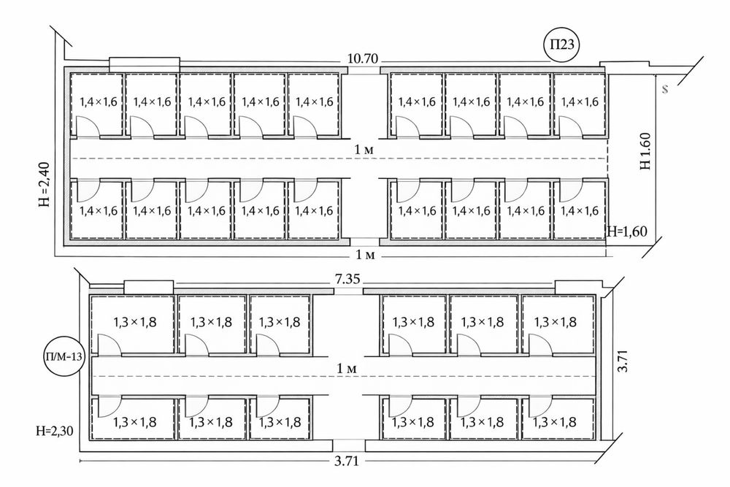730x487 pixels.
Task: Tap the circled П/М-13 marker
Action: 64,358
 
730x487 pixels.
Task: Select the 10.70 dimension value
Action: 363,58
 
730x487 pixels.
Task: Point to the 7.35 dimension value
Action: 347,280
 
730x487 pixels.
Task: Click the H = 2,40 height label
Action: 45,184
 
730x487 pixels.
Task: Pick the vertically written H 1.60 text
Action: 645,151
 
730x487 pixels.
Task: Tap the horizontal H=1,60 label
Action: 627,231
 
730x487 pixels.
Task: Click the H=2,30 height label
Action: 55,431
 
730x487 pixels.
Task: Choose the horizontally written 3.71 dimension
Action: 347,461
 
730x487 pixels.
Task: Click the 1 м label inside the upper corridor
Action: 364,150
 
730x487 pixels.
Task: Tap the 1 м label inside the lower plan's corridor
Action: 347,369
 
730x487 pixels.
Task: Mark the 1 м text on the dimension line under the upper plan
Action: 366,255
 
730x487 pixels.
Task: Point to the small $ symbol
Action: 665,88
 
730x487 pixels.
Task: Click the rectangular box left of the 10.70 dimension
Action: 145,65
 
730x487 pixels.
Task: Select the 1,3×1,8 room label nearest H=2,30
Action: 134,422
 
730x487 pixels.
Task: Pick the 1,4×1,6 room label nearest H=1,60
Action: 580,211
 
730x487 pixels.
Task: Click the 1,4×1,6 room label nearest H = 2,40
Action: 99,211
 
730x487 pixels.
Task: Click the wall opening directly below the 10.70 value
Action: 364,70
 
